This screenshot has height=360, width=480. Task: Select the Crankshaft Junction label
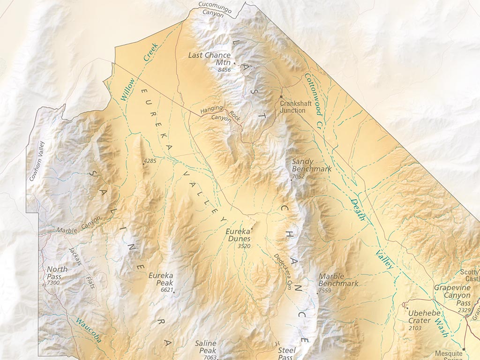[293, 106]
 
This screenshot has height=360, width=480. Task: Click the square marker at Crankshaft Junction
[281, 97]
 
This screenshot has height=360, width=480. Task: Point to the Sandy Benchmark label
[311, 165]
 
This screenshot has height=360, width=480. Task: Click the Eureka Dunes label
[239, 235]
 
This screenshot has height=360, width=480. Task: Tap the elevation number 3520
[244, 246]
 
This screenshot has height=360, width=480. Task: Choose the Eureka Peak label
[161, 279]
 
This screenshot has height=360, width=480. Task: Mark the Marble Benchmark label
[338, 280]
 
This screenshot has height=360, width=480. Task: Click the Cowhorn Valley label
[36, 161]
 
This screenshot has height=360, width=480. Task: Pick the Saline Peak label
[205, 347]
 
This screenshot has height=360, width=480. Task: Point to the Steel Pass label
[286, 353]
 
